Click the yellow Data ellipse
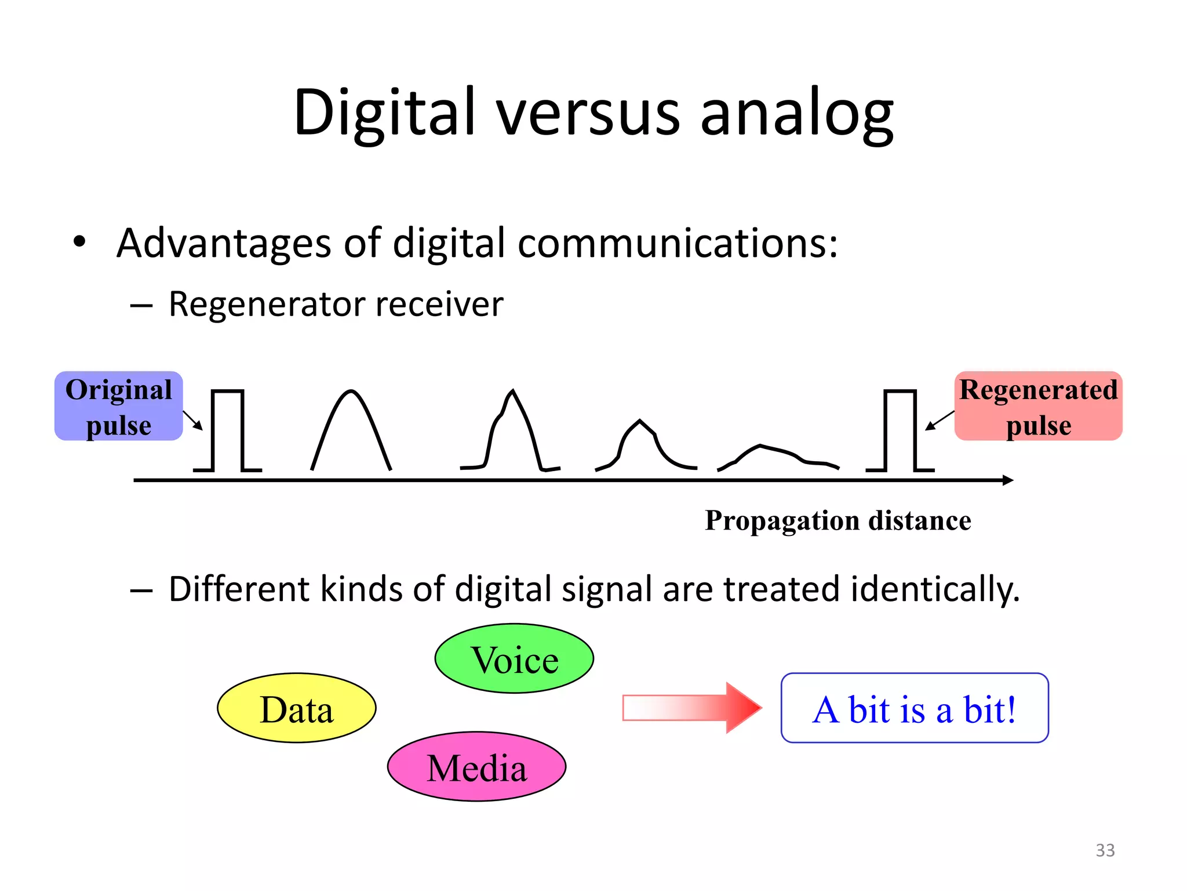coord(296,708)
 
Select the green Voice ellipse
coord(514,659)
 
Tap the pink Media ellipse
coord(476,767)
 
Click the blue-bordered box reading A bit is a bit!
coord(914,708)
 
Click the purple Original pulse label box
coord(118,406)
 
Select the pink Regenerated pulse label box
coord(1038,406)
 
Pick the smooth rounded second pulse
coord(351,429)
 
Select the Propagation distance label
coord(838,520)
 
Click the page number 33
coord(1105,850)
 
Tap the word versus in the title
coord(588,113)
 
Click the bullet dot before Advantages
coord(79,242)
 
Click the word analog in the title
coord(797,113)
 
